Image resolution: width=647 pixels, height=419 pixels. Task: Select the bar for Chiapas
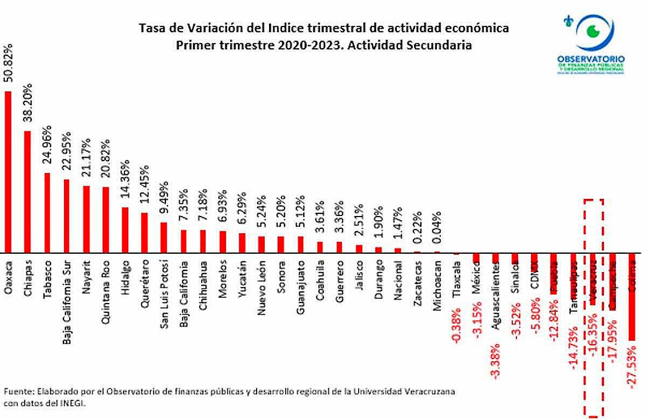coord(27,192)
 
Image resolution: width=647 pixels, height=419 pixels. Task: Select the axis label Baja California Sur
coord(67,297)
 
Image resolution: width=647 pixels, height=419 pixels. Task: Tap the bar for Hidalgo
coord(125,230)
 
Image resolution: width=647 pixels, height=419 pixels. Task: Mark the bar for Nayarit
coord(86,219)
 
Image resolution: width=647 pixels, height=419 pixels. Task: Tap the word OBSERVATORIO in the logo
coord(591,58)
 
